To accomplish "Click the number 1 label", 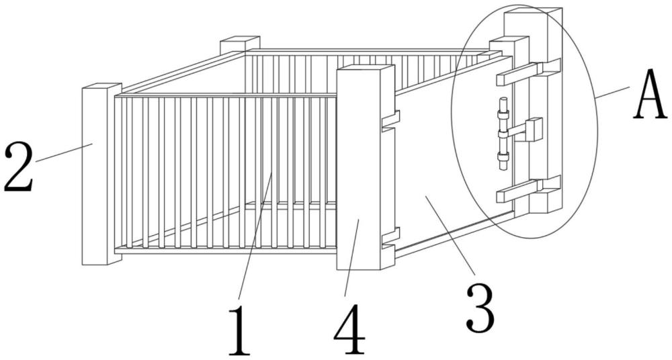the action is point(239,330).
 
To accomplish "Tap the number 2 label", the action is point(18,167).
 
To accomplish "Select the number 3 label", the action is point(480,308).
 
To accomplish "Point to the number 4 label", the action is point(349,329).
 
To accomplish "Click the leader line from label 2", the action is point(65,152).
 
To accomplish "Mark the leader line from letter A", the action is point(612,93).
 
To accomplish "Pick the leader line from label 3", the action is point(450,235).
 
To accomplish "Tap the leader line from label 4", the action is point(352,257).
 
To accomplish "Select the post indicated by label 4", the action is point(365,167).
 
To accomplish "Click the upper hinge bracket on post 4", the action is point(390,119).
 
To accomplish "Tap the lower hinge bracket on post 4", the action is point(390,237).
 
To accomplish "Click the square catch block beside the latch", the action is point(534,130).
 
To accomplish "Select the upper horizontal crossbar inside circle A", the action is point(528,71).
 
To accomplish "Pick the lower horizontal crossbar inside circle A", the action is point(528,189).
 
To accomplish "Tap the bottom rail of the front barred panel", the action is point(225,251).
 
